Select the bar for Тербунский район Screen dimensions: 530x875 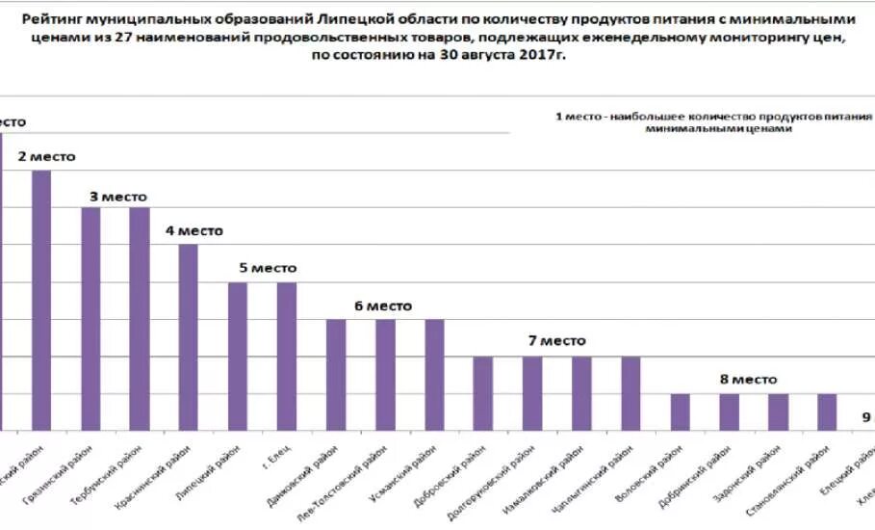point(140,318)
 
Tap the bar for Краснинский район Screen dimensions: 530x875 point(189,336)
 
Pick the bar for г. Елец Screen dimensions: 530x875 point(287,356)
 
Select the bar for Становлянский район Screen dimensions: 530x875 point(827,411)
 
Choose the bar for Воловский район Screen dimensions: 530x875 point(680,411)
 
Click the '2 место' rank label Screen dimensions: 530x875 point(47,156)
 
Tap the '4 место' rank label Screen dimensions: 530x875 point(193,231)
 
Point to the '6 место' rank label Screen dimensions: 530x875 point(382,306)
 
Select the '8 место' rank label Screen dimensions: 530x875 point(748,381)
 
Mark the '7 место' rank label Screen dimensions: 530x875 point(556,341)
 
